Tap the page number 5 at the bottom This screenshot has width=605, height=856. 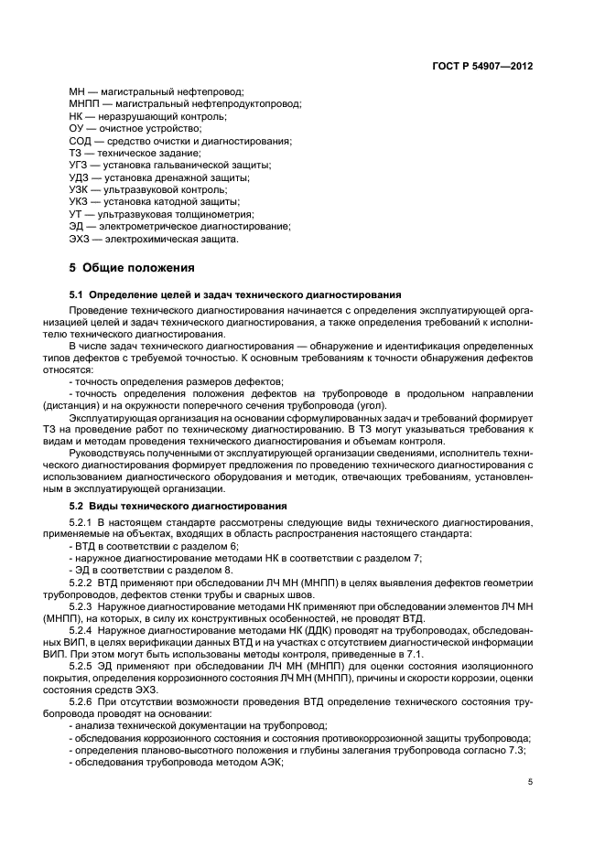531,782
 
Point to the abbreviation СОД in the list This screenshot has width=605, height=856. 81,141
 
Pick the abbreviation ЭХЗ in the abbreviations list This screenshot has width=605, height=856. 81,239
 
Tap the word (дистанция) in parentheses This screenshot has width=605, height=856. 96,406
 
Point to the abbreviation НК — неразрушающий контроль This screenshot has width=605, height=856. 76,117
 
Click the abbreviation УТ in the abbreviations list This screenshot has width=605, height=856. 77,214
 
